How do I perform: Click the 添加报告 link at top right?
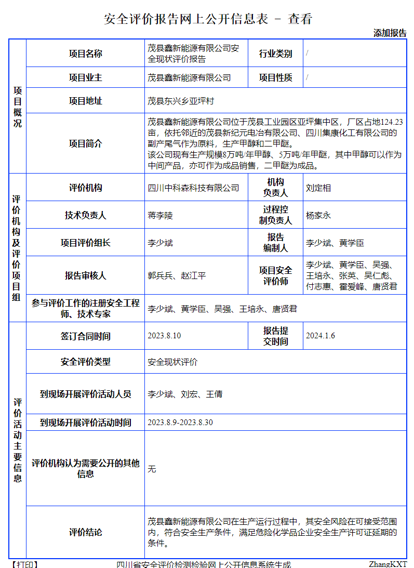pos(390,33)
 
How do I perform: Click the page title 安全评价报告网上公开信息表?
pos(186,19)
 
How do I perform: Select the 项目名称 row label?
pos(86,54)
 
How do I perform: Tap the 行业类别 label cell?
pos(276,54)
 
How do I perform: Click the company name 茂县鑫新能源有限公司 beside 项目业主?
pos(189,78)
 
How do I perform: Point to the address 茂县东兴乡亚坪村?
pos(181,101)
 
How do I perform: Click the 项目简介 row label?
pos(86,143)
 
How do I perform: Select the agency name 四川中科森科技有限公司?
pos(193,188)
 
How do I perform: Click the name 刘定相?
pos(318,188)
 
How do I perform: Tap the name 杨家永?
pos(318,215)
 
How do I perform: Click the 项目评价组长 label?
pos(86,243)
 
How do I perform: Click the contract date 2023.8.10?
pos(164,336)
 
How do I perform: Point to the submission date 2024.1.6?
pos(320,336)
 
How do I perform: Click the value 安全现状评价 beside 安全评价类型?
pos(172,362)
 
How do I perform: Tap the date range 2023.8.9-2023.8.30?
pos(180,422)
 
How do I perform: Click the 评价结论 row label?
pos(86,532)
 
